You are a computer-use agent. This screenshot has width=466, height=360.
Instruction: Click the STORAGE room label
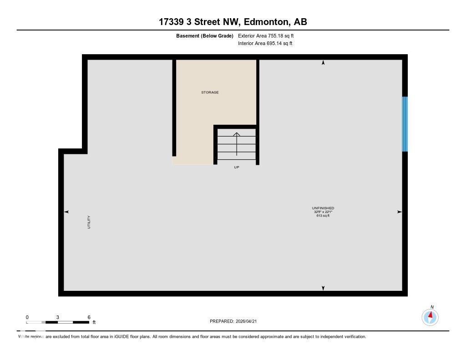coord(210,92)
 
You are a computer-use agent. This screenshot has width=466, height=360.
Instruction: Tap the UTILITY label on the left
coord(89,222)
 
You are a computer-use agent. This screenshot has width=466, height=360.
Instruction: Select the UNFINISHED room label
coord(323,208)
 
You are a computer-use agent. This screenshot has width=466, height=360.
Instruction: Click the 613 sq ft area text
coord(323,216)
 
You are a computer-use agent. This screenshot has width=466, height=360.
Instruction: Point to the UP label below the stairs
coord(236,167)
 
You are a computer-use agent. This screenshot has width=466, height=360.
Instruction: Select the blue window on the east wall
coord(405,124)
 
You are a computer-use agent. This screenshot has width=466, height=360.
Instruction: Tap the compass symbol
coord(430,317)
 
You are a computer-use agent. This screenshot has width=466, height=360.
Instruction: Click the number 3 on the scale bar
coord(58,317)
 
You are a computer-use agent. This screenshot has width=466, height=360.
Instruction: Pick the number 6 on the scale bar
coord(89,317)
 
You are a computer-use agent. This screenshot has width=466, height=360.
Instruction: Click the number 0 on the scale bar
coord(27,317)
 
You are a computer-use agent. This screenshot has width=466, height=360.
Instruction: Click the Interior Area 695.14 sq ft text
coord(265,44)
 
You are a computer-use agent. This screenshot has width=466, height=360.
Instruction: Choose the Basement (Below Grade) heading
coord(204,35)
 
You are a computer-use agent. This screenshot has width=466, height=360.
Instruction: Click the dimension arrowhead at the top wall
coord(323,63)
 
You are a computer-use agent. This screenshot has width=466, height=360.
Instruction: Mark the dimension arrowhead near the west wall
coord(66,212)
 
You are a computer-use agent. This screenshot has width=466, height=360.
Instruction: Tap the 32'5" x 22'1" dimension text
coord(323,212)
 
